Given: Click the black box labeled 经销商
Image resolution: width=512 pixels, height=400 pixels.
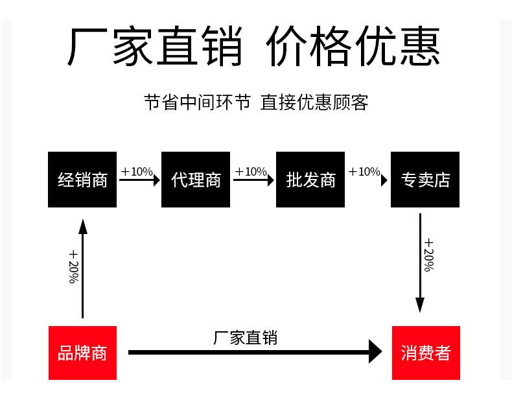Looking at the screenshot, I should pyautogui.click(x=82, y=180).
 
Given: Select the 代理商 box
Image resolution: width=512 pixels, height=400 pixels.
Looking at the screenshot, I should pyautogui.click(x=196, y=180).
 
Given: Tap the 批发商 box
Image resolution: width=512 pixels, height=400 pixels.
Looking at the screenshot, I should pyautogui.click(x=310, y=180).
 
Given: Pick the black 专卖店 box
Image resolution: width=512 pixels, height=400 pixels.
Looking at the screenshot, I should pyautogui.click(x=425, y=180).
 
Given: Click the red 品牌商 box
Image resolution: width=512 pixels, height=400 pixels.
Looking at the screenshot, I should pyautogui.click(x=82, y=353).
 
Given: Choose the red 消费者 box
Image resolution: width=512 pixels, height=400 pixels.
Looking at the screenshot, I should pyautogui.click(x=426, y=353).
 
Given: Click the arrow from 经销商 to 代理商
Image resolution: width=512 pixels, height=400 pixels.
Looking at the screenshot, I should pyautogui.click(x=139, y=181).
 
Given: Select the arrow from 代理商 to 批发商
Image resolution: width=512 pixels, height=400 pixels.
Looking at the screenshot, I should pyautogui.click(x=253, y=181).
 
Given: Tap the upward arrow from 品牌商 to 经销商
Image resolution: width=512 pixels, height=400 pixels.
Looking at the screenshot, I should pyautogui.click(x=82, y=269).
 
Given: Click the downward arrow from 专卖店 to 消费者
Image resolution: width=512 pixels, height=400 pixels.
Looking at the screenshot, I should pyautogui.click(x=420, y=263).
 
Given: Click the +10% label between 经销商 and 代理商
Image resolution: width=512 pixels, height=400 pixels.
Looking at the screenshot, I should pyautogui.click(x=137, y=172).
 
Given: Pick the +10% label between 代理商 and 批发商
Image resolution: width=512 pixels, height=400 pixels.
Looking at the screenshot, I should pyautogui.click(x=251, y=172).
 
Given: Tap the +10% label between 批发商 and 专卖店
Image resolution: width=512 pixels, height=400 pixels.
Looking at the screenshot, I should pyautogui.click(x=364, y=172).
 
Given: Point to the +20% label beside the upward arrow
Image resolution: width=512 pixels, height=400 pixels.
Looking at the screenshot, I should pyautogui.click(x=73, y=266).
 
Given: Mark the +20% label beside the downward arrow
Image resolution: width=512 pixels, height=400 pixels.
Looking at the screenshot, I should pyautogui.click(x=429, y=255).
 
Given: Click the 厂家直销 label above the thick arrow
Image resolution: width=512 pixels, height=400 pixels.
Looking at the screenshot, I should pyautogui.click(x=245, y=337).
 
